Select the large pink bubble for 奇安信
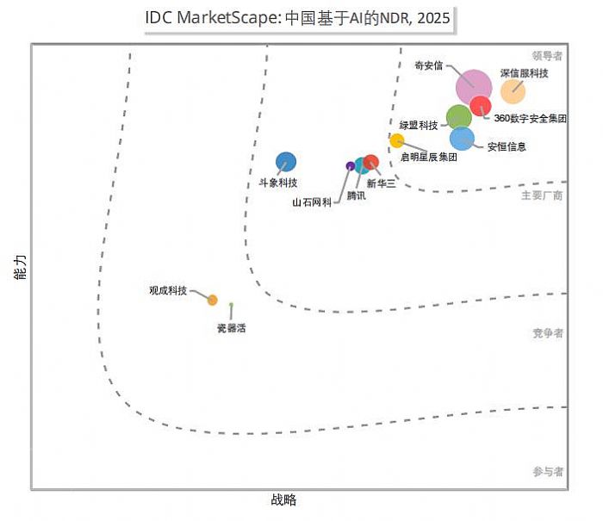pos(473,87)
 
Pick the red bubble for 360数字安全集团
pos(482,106)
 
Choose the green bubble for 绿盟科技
pos(459,117)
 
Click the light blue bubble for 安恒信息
pos(463,138)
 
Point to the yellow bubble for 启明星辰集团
pos(397,140)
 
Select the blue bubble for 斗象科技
pos(286,161)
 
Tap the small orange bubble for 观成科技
pos(212,301)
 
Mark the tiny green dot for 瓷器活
pos(231,305)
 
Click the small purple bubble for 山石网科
pos(350,165)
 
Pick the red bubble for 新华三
pos(371,161)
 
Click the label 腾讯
pos(356,196)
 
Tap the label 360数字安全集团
pos(531,118)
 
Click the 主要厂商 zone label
pos(542,195)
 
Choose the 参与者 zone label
pos(547,472)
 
